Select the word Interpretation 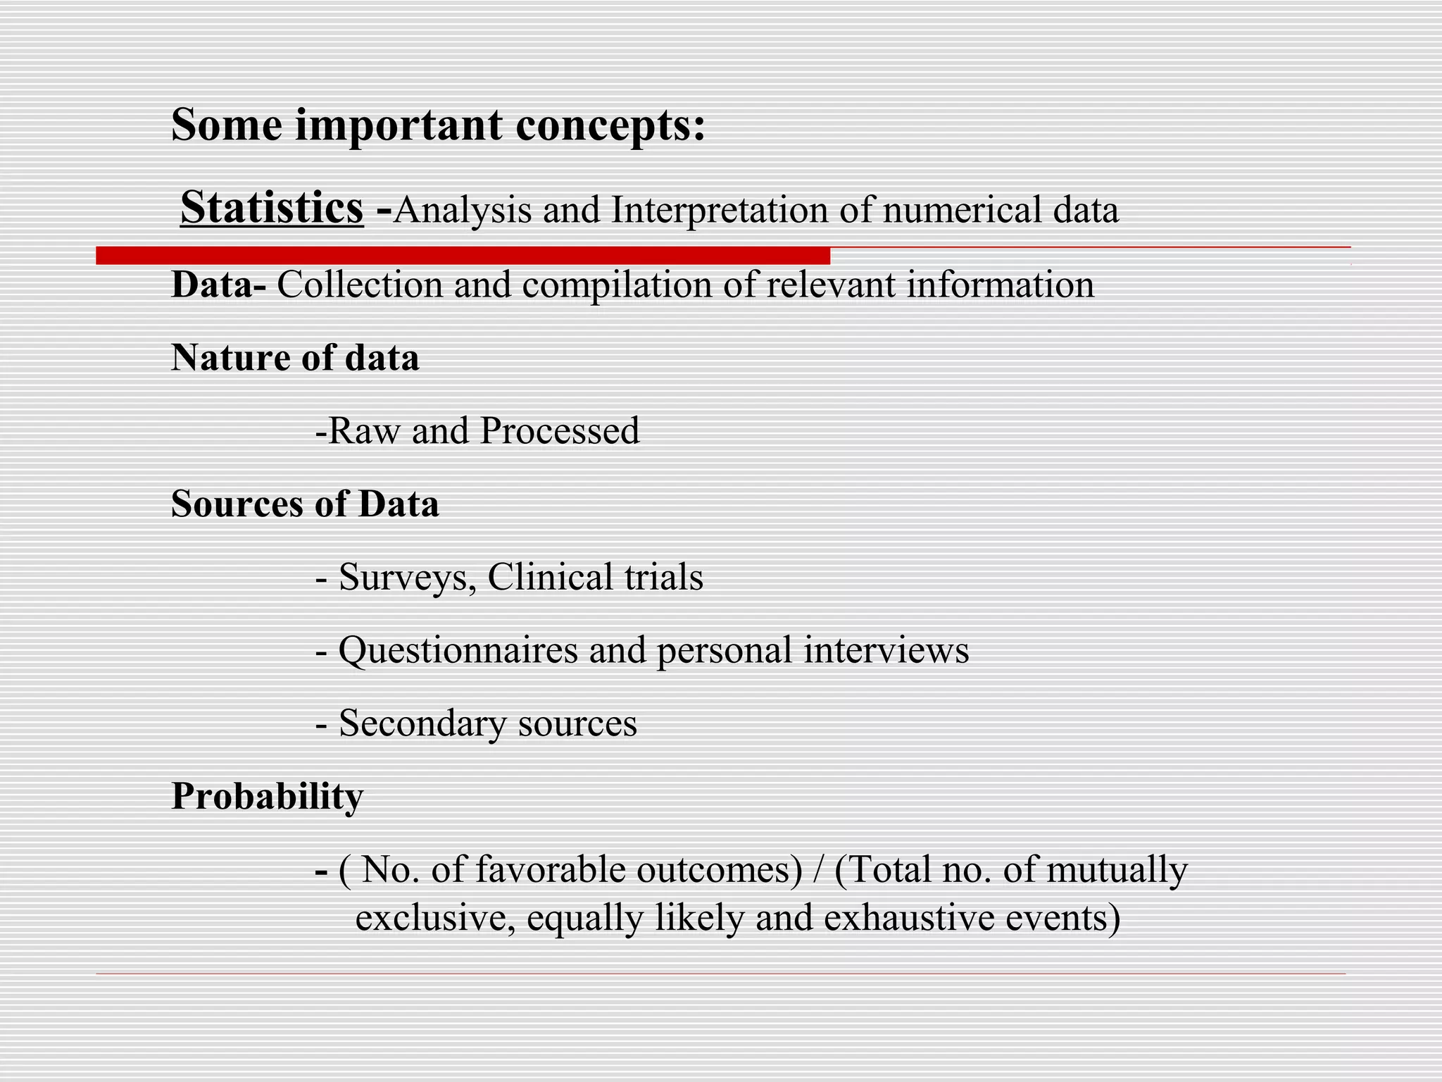coord(720,211)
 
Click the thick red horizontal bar coord(463,256)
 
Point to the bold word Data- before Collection coord(219,285)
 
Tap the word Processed coord(560,431)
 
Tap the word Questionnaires coord(458,651)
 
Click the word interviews coord(886,651)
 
